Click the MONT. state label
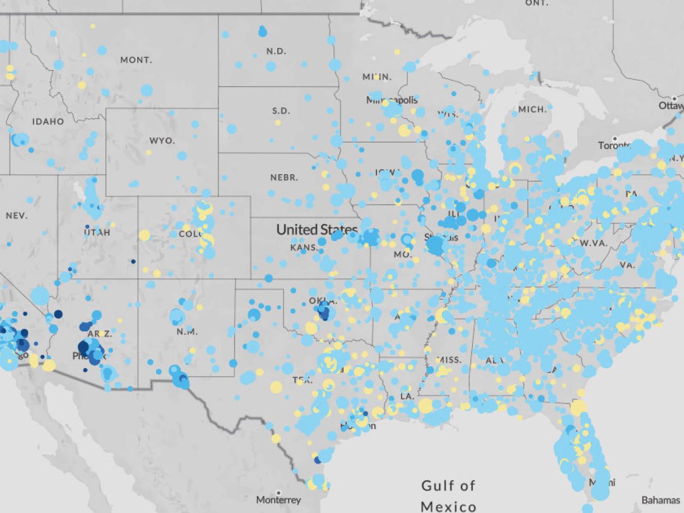[x=136, y=60]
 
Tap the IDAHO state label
[x=48, y=121]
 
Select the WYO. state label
[x=161, y=141]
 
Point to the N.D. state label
[x=276, y=51]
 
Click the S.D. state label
[x=281, y=111]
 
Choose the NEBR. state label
[x=284, y=177]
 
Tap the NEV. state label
[x=17, y=216]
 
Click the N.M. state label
[x=187, y=332]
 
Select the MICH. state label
[x=532, y=109]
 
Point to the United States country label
[x=316, y=230]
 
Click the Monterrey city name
[x=278, y=500]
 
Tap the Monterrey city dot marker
[x=278, y=492]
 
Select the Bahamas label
[x=660, y=500]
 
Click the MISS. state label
[x=449, y=360]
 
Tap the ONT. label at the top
[x=537, y=3]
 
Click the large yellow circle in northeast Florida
[x=578, y=408]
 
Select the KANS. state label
[x=304, y=247]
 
